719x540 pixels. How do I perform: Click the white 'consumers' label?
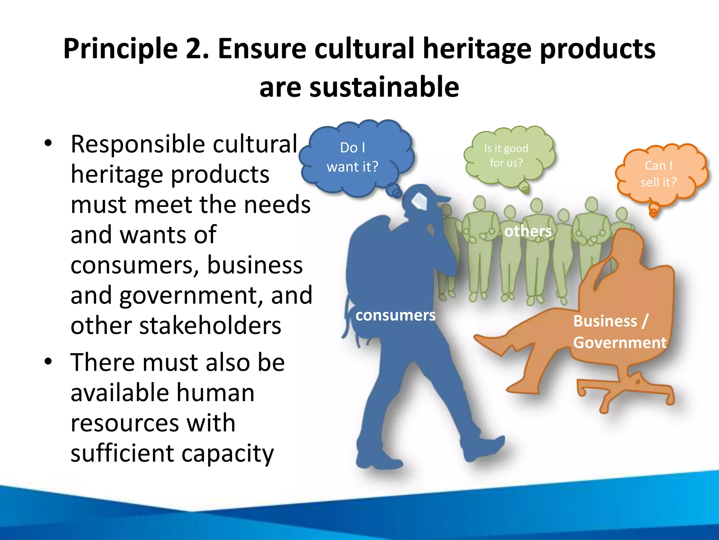click(395, 315)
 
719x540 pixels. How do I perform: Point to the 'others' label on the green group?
click(528, 231)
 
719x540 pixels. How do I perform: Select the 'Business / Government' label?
click(619, 332)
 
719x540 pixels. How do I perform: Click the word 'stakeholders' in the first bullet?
click(210, 326)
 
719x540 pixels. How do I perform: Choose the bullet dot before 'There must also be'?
click(48, 361)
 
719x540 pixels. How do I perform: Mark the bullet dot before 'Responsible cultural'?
click(48, 143)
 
